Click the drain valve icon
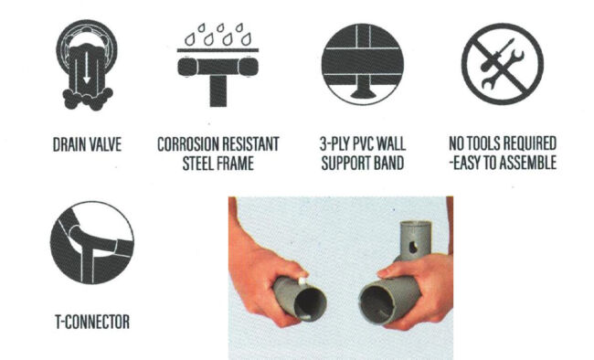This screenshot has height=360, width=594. click(x=87, y=65)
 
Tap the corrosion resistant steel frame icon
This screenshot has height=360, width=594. click(x=217, y=65)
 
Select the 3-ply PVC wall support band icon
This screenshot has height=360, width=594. click(x=363, y=64)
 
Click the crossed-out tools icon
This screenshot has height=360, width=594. click(x=503, y=64)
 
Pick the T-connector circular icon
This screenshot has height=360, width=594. click(x=92, y=242)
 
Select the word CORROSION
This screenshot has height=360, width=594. click(x=187, y=144)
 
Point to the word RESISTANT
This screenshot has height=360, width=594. click(x=250, y=144)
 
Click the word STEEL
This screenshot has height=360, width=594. click(x=197, y=164)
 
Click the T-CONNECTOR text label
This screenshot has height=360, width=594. click(x=92, y=323)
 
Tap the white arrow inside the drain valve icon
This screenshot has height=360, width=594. click(x=87, y=68)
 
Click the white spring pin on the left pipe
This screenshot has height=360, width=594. click(x=302, y=281)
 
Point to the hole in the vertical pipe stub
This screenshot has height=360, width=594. click(x=413, y=248)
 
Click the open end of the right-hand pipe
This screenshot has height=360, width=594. click(x=377, y=304)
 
